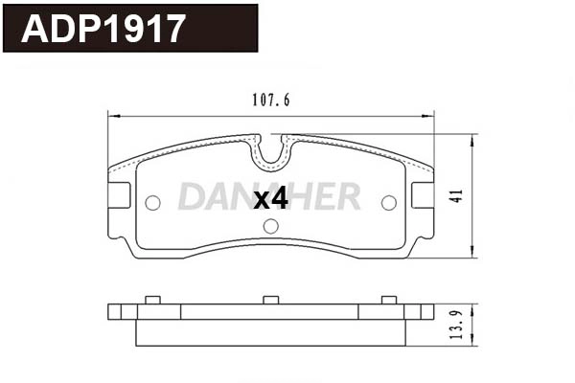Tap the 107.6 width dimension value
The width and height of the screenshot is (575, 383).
pos(271,99)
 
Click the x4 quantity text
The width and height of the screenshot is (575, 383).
pos(270,198)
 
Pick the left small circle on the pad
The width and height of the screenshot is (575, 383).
pos(152,203)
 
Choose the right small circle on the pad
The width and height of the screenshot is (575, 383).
pos(388,203)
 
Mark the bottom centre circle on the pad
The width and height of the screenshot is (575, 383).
pos(270,227)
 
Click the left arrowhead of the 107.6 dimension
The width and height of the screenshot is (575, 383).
pos(108,116)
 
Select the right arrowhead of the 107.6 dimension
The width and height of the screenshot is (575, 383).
pos(432,116)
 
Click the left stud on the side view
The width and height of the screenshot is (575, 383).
pos(150,302)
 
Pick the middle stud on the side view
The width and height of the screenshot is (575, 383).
pos(270,302)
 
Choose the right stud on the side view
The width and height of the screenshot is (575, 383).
pos(388,302)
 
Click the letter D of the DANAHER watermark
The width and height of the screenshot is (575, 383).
pos(192,196)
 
